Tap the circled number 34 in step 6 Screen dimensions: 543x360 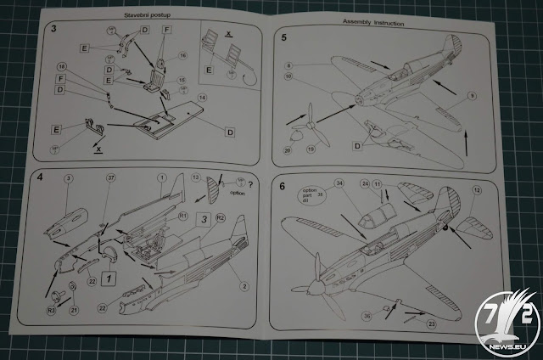[339, 183]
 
